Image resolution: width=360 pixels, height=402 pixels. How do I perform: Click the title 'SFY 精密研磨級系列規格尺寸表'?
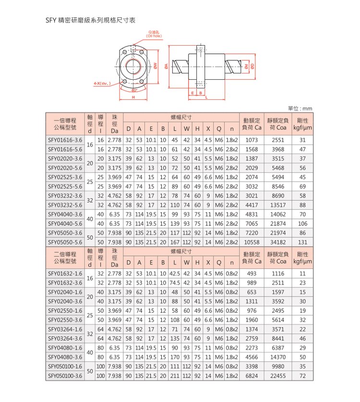click(91, 21)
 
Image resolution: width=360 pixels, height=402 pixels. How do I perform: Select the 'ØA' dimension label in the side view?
click(166, 67)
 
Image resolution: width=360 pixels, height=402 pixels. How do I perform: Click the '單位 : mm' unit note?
click(300, 109)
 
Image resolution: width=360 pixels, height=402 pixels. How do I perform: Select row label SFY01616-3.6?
click(65, 140)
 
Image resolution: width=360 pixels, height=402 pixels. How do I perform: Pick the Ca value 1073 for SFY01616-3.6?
click(252, 140)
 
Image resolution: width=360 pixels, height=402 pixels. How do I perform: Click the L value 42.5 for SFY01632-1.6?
click(175, 273)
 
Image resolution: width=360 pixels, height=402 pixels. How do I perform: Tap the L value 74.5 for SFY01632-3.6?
click(175, 282)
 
